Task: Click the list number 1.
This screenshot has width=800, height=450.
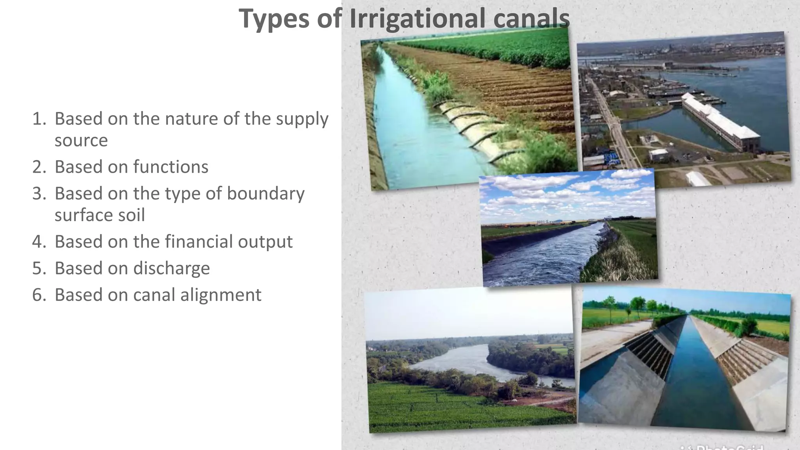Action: pyautogui.click(x=39, y=119)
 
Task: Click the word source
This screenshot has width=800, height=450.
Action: pyautogui.click(x=81, y=141)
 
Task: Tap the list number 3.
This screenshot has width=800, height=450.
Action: pyautogui.click(x=39, y=193)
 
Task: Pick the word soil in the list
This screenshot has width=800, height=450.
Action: pyautogui.click(x=132, y=215)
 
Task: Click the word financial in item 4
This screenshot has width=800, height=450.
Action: pyautogui.click(x=199, y=241)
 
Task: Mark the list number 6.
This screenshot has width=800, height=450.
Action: pyautogui.click(x=39, y=295)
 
